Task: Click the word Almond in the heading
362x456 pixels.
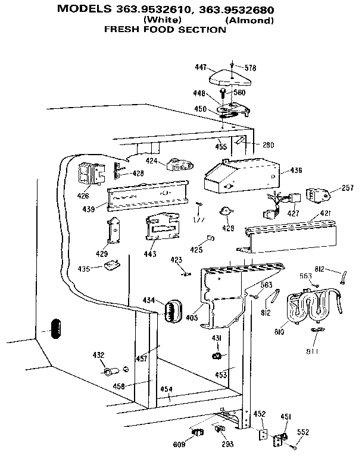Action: point(249,21)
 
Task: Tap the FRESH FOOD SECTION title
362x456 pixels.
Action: point(165,29)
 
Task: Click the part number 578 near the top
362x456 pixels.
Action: point(250,68)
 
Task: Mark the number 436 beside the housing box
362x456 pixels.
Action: point(295,171)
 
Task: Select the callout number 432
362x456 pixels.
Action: point(98,356)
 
